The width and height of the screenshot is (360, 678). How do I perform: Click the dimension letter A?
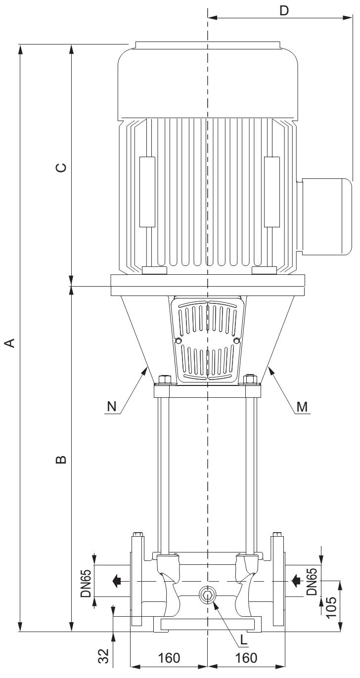(10, 342)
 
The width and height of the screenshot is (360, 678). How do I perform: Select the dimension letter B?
(61, 460)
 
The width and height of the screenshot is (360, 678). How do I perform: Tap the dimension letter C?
(61, 168)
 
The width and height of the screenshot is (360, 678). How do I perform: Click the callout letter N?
(112, 407)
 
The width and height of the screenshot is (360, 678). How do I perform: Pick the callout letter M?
(302, 407)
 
